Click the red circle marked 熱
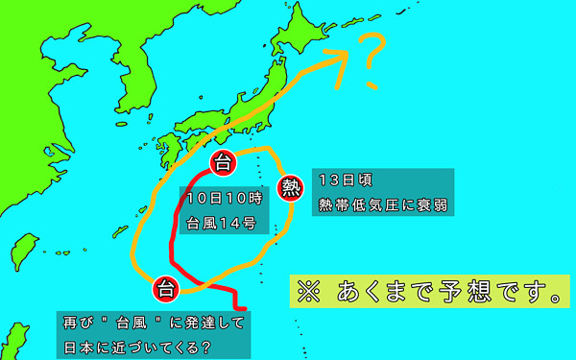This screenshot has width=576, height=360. [291, 187]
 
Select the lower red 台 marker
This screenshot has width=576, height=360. [165, 287]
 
